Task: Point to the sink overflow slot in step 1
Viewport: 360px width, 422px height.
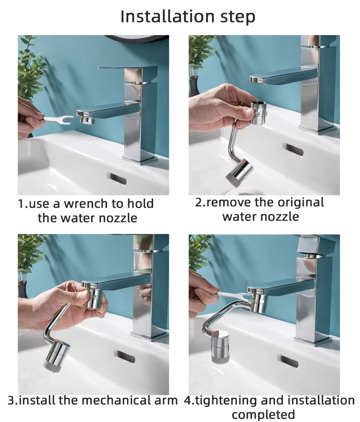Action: click(118, 179)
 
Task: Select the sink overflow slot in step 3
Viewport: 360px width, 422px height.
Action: click(125, 357)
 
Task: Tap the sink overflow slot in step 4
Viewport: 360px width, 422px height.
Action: click(289, 362)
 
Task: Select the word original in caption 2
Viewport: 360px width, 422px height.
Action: click(301, 202)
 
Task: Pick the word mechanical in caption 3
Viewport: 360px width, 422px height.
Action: click(117, 400)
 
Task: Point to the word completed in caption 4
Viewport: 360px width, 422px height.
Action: click(263, 414)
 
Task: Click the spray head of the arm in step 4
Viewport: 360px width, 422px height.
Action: click(221, 347)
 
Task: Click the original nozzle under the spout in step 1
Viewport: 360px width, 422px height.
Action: click(87, 120)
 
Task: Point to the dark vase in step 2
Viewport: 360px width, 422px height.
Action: click(194, 87)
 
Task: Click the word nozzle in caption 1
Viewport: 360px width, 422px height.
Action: click(118, 218)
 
